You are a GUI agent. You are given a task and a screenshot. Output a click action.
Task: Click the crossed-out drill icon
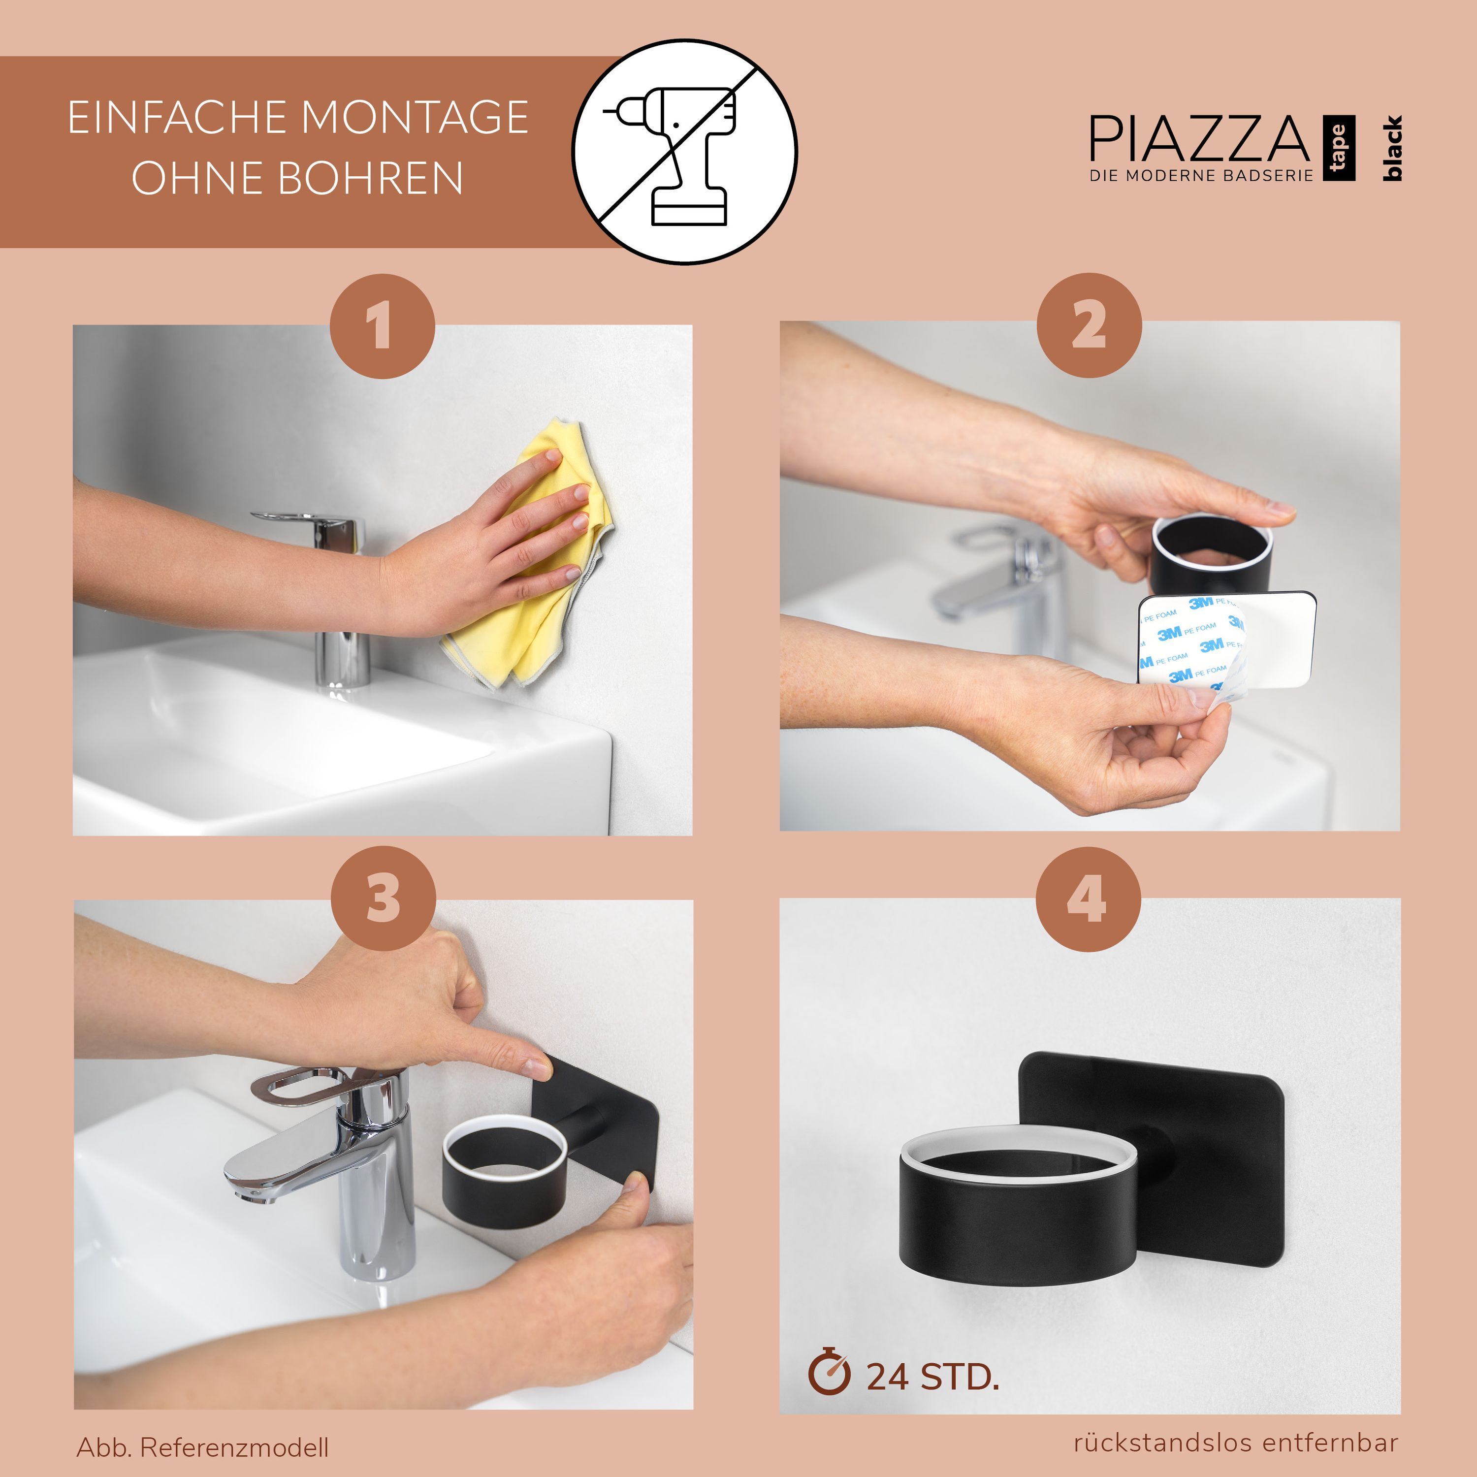(x=685, y=151)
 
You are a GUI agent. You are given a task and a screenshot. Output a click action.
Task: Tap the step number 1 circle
(x=382, y=326)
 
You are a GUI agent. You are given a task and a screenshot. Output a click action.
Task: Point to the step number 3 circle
(x=383, y=899)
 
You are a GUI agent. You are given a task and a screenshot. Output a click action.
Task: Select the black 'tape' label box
(x=1339, y=148)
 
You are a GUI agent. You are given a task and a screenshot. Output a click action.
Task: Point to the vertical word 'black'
(x=1392, y=148)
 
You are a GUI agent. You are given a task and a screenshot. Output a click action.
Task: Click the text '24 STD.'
(x=932, y=1377)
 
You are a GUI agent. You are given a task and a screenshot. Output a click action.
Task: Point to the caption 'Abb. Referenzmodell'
(x=202, y=1447)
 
